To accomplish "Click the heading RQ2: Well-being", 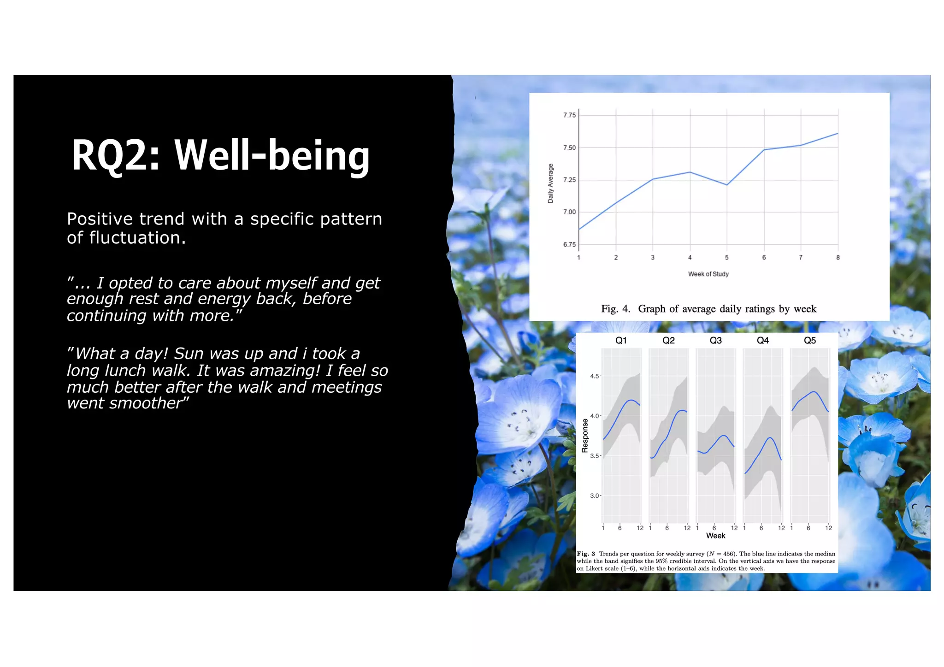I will pos(220,155).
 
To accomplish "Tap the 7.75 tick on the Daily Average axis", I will pos(569,115).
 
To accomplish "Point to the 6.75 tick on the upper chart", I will pos(569,245).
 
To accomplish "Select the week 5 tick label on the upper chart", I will pos(727,258).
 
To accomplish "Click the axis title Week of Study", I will pos(708,274).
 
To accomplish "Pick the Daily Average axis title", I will pos(550,183).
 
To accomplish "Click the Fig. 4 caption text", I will pos(708,309).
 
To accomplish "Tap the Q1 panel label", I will pos(621,341).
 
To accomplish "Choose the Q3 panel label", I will pos(715,341).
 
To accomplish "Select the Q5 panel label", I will pos(810,341).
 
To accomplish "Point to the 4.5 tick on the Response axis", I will pos(595,377).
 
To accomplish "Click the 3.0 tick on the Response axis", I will pos(595,496).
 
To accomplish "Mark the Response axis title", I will pos(585,436).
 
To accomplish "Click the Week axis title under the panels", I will pos(715,536).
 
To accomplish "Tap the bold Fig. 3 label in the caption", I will pos(586,554).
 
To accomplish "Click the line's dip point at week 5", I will pos(727,185).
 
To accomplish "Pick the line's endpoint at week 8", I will pos(838,134).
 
